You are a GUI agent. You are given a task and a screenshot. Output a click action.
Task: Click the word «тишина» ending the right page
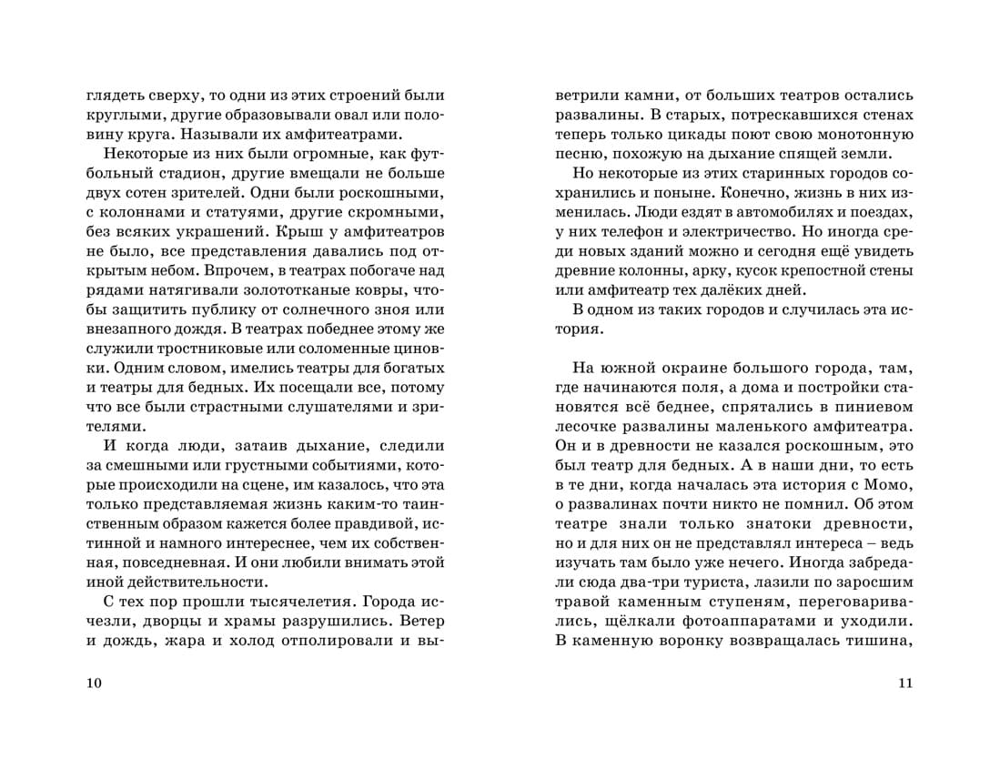[x=880, y=641]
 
